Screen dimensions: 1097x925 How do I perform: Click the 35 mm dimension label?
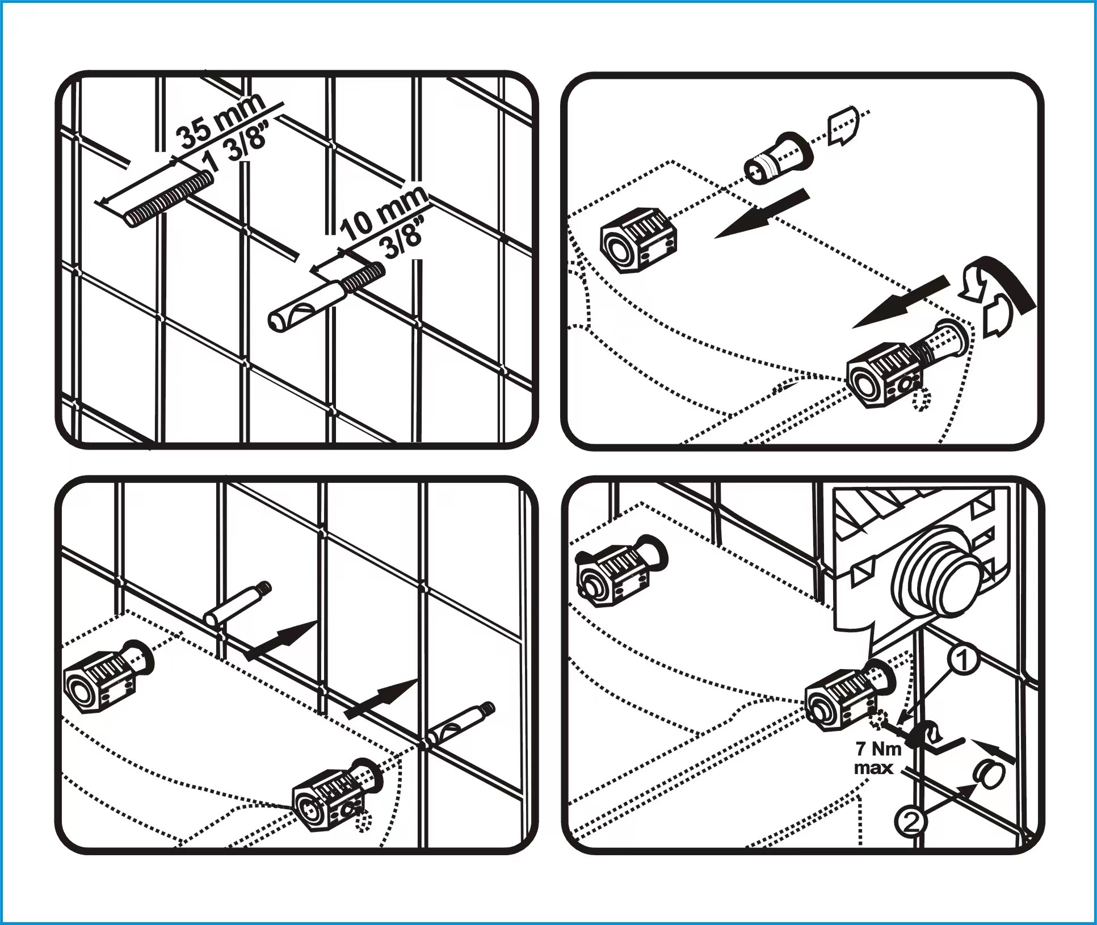coord(220,121)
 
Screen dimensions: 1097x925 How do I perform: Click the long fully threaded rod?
coord(169,199)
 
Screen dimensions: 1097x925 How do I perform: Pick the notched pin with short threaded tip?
coord(327,297)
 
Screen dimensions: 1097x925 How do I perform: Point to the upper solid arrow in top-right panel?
coord(762,214)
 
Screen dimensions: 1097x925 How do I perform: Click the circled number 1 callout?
coord(963,661)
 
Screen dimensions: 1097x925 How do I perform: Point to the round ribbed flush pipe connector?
coord(934,578)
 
